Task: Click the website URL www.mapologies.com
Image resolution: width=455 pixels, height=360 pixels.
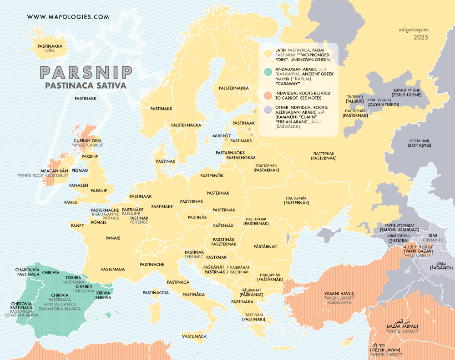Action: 68,17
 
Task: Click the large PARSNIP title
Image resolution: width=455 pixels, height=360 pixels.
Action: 86,72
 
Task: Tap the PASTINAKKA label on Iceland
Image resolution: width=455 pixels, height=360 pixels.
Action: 50,46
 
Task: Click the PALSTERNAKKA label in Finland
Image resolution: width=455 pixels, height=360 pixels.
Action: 234,88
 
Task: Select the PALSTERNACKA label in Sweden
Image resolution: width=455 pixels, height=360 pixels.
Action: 186,125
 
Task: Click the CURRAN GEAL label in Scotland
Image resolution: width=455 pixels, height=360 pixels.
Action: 88,141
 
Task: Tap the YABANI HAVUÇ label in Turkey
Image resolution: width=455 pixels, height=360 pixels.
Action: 339,293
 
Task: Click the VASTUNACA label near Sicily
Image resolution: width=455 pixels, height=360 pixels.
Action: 194,336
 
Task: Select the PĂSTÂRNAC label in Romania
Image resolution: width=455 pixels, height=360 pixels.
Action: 265,246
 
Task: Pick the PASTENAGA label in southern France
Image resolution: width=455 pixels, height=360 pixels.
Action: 113,269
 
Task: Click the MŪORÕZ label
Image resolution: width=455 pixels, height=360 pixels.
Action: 222,136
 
